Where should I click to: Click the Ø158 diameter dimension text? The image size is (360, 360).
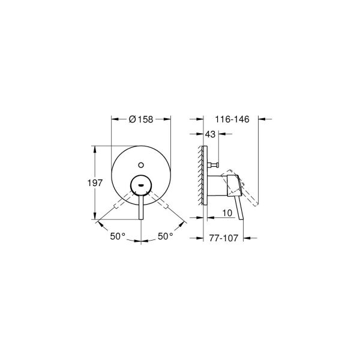142,119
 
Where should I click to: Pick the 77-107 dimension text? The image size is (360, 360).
224,238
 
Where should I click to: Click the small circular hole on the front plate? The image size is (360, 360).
142,163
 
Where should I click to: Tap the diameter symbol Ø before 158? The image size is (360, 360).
133,119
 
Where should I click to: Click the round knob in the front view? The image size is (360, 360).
141,185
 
